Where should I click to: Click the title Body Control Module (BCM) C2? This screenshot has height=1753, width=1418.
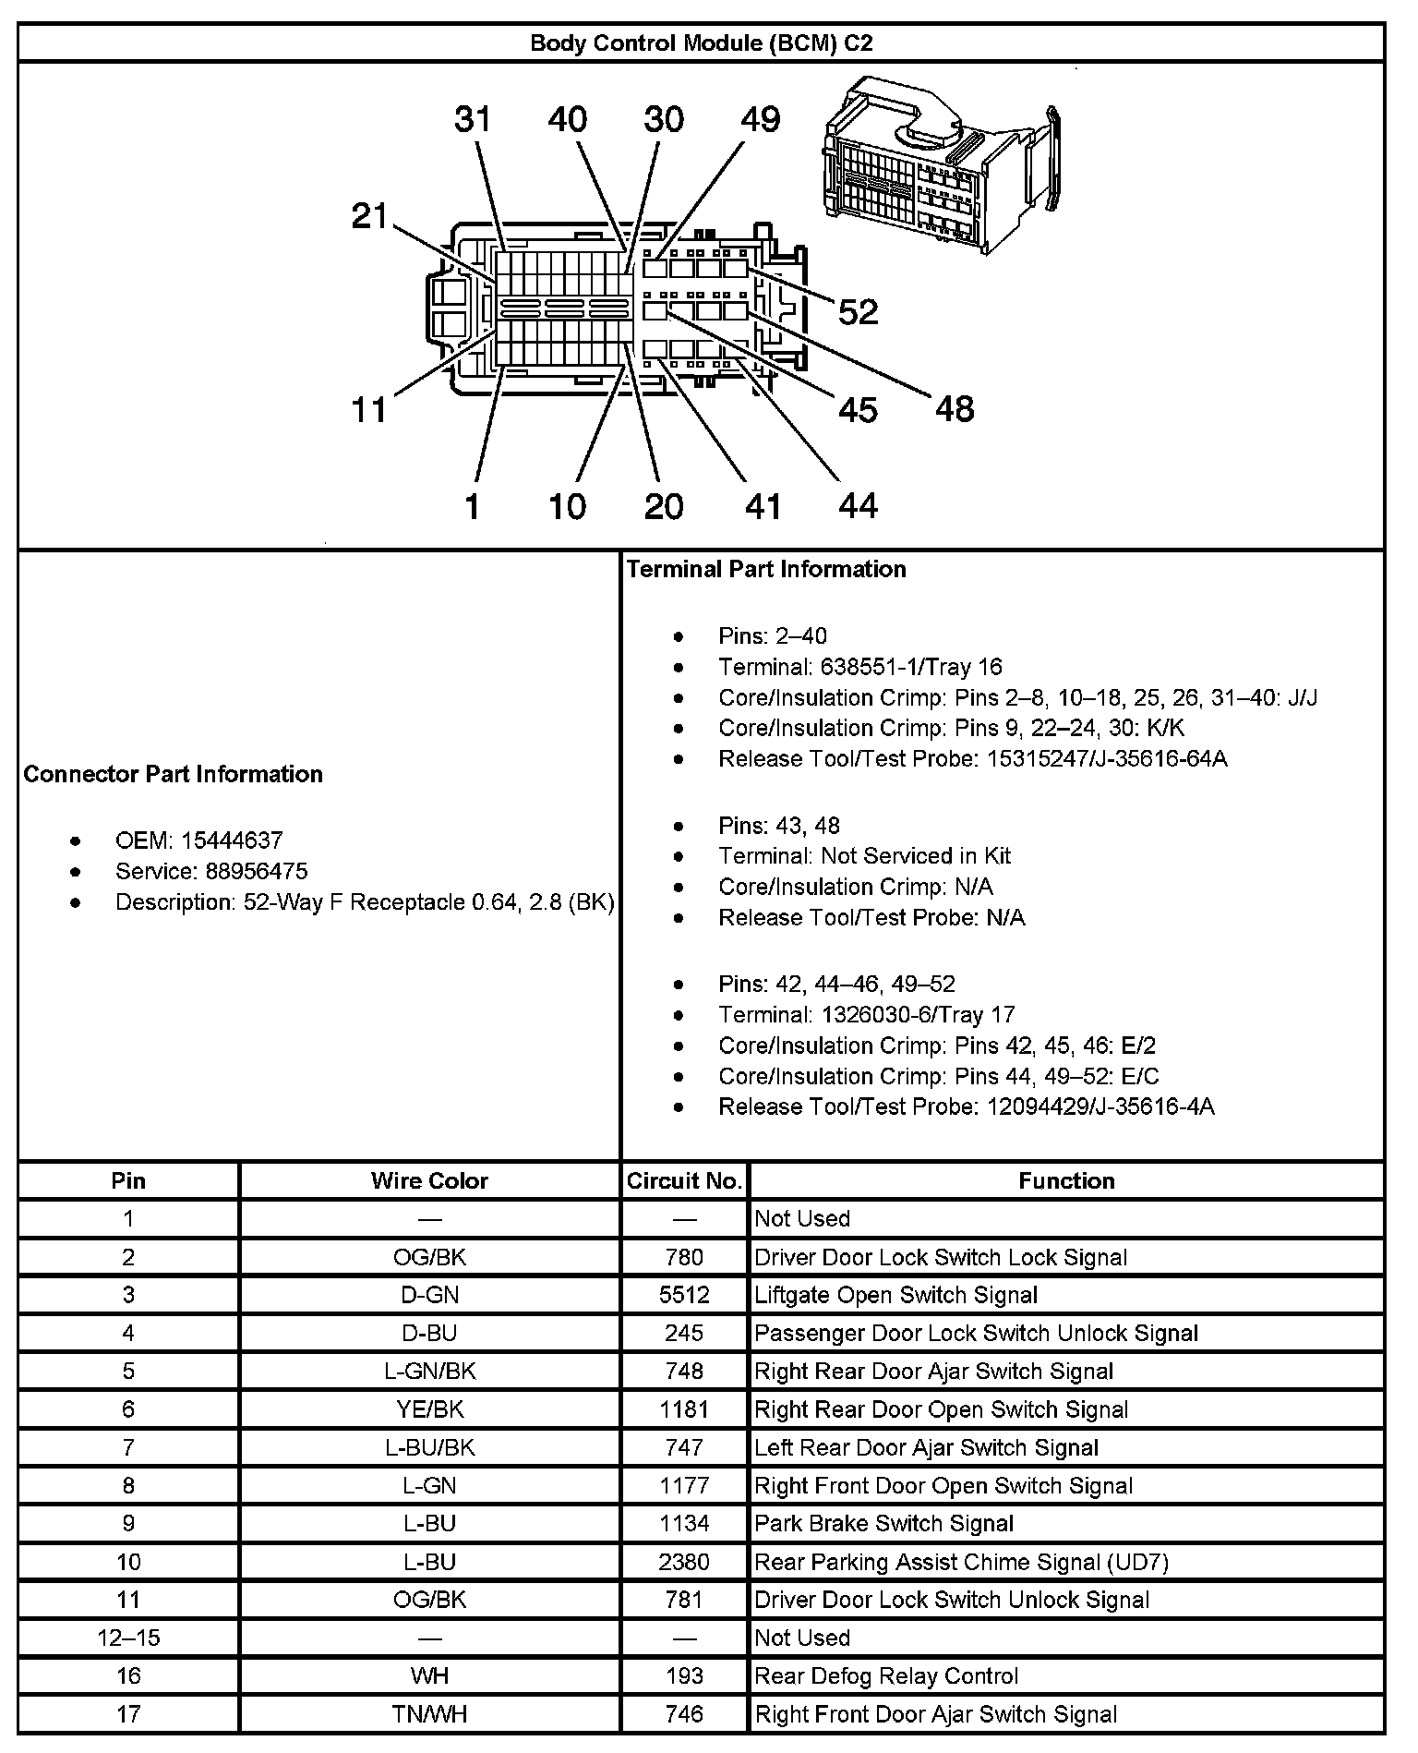pyautogui.click(x=701, y=43)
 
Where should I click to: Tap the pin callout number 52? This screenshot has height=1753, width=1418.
pyautogui.click(x=858, y=312)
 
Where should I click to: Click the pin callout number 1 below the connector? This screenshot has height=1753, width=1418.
pyautogui.click(x=473, y=506)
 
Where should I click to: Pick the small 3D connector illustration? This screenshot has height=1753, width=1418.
pyautogui.click(x=942, y=164)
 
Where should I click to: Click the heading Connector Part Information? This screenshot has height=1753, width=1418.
pyautogui.click(x=174, y=774)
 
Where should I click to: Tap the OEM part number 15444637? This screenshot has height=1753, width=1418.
pyautogui.click(x=232, y=840)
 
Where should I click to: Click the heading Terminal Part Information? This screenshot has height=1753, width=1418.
pyautogui.click(x=766, y=569)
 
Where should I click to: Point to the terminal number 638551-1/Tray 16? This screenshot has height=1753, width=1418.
pyautogui.click(x=910, y=667)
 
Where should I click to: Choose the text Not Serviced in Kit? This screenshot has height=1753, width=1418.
pyautogui.click(x=915, y=855)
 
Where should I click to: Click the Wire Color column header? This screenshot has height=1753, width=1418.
pyautogui.click(x=429, y=1180)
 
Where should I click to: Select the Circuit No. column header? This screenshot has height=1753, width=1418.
pyautogui.click(x=684, y=1180)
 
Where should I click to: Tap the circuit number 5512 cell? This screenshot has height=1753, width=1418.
pyautogui.click(x=684, y=1295)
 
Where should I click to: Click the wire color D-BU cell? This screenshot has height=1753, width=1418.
pyautogui.click(x=429, y=1333)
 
